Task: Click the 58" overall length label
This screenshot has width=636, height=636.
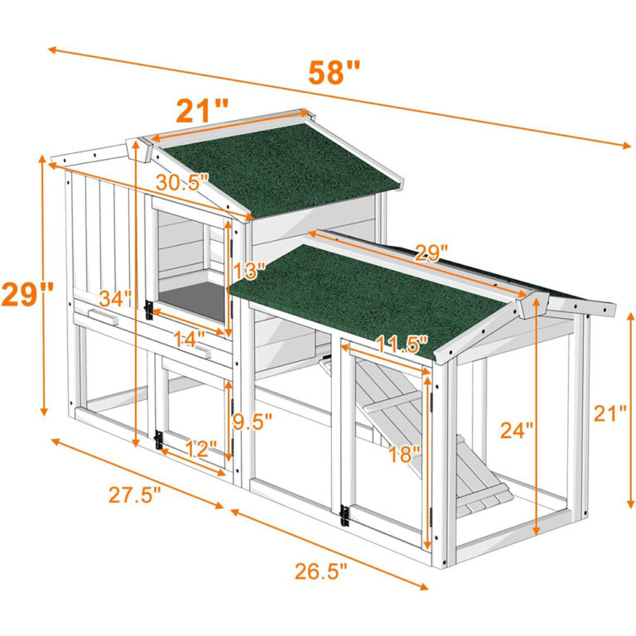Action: pyautogui.click(x=335, y=72)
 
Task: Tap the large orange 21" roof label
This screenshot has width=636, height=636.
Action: pyautogui.click(x=201, y=109)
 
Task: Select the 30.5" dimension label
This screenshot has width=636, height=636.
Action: pyautogui.click(x=183, y=183)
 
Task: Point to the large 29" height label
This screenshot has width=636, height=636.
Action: pyautogui.click(x=27, y=294)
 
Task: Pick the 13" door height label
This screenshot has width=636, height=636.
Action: pyautogui.click(x=248, y=271)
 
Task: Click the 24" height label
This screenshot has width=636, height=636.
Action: pyautogui.click(x=517, y=430)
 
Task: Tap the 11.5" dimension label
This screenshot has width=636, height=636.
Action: pyautogui.click(x=400, y=341)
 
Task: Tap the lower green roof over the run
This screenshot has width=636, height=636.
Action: pyautogui.click(x=373, y=290)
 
